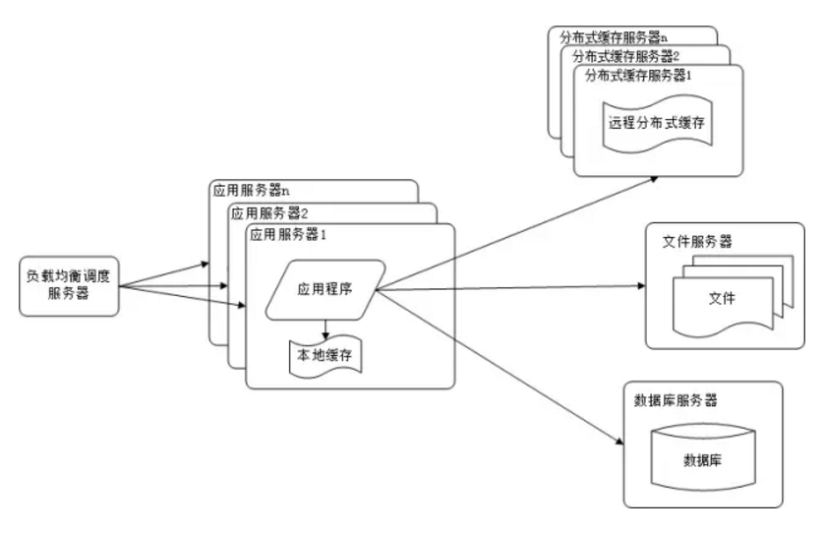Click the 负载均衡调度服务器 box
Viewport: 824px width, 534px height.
pos(70,286)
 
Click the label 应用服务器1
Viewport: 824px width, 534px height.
pos(288,235)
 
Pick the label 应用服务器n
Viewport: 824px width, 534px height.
pos(252,189)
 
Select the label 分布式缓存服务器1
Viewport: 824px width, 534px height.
pos(640,75)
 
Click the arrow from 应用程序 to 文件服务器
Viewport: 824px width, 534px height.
pos(511,287)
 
